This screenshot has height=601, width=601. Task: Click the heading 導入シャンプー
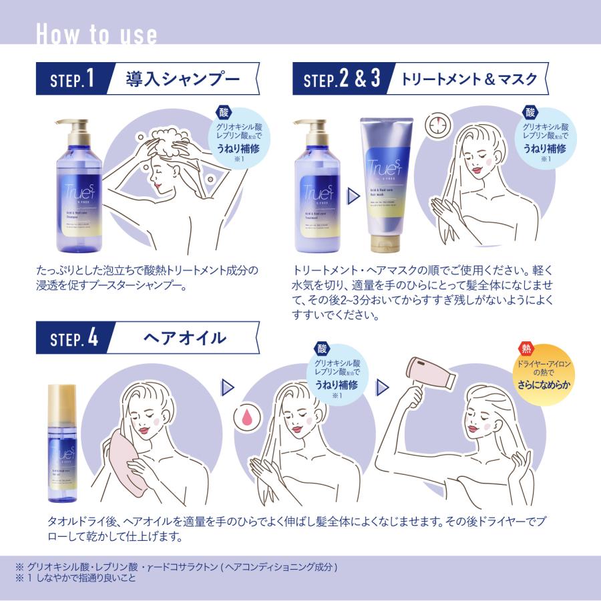pos(182,80)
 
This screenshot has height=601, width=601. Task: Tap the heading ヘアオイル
pos(184,338)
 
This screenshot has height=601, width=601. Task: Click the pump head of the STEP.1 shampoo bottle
pos(73,127)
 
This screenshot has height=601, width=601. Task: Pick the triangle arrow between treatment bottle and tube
pos(349,195)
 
